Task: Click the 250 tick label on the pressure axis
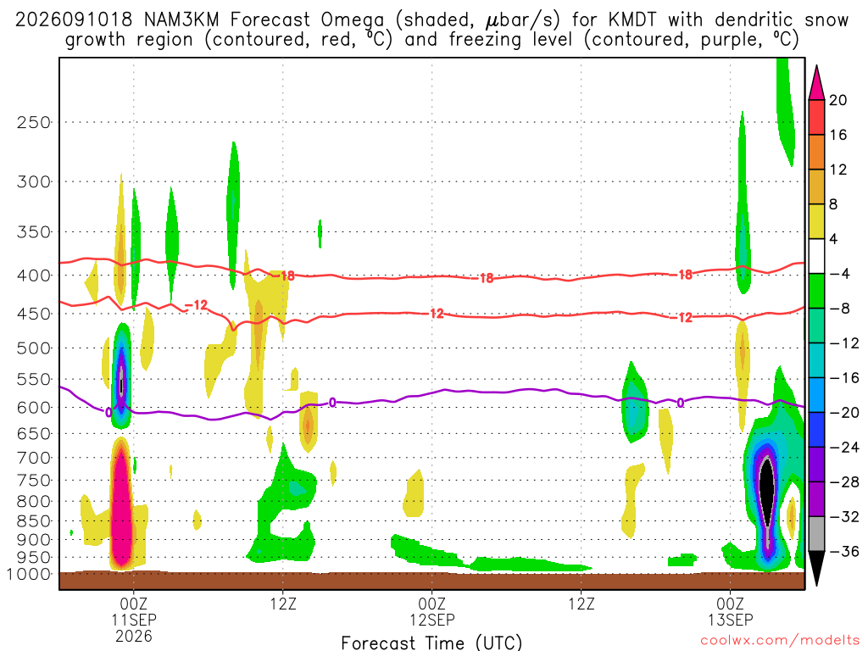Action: tap(34, 122)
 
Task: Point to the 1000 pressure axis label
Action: tap(29, 574)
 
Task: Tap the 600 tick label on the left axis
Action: tap(34, 408)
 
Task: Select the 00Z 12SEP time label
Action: tap(431, 611)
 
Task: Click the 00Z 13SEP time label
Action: tap(730, 611)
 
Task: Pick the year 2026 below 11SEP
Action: tap(134, 636)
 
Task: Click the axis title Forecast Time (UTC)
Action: tap(431, 643)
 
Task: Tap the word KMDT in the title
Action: tap(632, 20)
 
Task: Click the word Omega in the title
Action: tap(352, 21)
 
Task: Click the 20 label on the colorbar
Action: tap(837, 100)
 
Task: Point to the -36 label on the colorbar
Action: tap(844, 551)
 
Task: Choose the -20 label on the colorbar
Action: tap(844, 413)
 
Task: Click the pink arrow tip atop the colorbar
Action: tap(816, 67)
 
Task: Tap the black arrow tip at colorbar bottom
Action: tap(816, 585)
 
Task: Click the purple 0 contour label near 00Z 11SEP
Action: tap(108, 413)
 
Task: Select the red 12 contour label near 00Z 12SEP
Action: tap(437, 314)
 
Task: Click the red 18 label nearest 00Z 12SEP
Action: tap(486, 278)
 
